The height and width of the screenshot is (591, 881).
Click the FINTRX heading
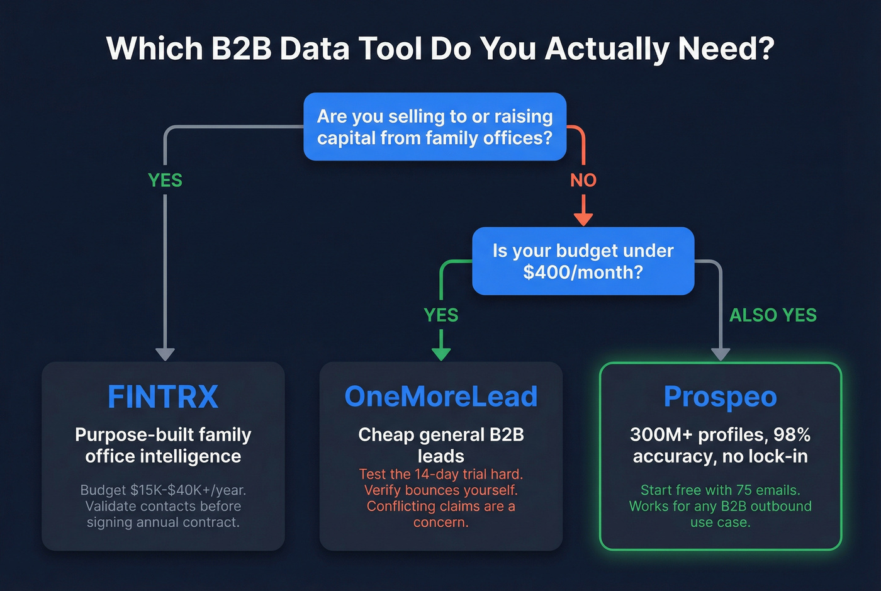[x=163, y=397]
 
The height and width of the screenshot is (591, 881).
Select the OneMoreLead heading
[x=441, y=397]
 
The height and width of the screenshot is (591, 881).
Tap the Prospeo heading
[x=720, y=397]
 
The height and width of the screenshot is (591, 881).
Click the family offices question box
[x=435, y=127]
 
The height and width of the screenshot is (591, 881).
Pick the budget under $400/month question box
[x=583, y=261]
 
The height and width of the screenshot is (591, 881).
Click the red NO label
[x=583, y=181]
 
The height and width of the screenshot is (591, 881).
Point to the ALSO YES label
[x=773, y=315]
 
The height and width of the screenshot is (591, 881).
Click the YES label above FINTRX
[x=165, y=181]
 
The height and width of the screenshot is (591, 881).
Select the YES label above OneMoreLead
[x=441, y=315]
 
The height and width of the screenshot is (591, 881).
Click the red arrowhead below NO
[x=583, y=218]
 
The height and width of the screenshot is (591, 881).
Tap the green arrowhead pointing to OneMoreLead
[x=441, y=353]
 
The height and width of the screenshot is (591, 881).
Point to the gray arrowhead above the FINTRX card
[x=165, y=354]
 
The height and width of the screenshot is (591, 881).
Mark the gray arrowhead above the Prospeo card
[x=721, y=354]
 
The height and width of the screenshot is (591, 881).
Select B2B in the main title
[x=241, y=49]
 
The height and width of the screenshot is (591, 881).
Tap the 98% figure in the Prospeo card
[x=791, y=435]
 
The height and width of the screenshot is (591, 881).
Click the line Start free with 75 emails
[x=720, y=490]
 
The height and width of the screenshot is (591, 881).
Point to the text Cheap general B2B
[x=441, y=435]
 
